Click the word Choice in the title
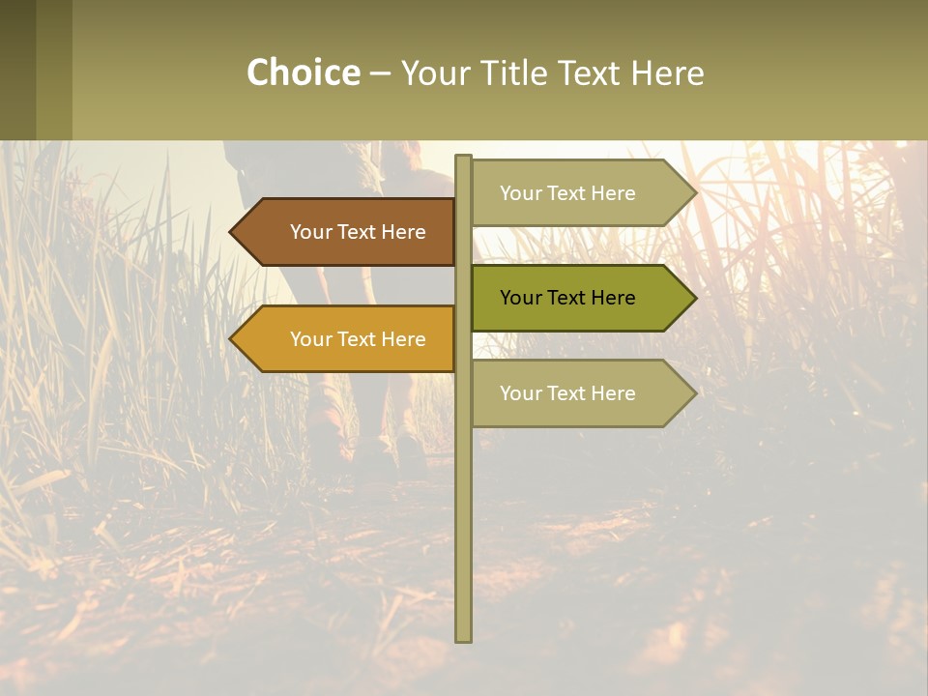(x=303, y=73)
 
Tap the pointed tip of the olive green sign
(x=693, y=298)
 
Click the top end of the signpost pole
(x=463, y=159)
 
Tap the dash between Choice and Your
(x=380, y=73)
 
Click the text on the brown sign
(x=358, y=232)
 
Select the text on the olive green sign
(x=567, y=298)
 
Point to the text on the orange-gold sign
(x=358, y=339)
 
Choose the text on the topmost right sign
(x=567, y=193)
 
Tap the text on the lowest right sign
(x=567, y=393)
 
